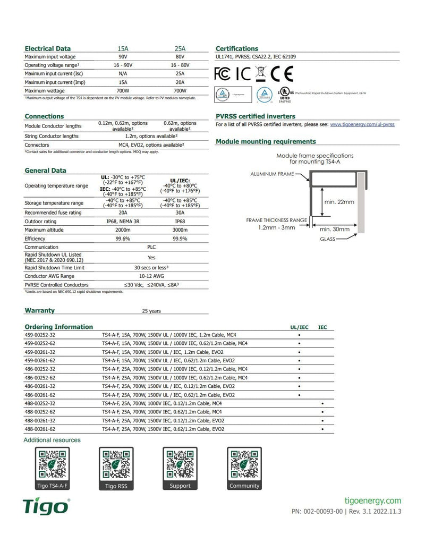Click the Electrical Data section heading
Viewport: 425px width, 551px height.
point(47,48)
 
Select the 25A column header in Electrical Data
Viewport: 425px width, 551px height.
point(180,48)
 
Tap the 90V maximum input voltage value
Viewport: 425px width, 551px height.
point(123,57)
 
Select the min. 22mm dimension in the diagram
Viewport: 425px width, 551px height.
point(339,202)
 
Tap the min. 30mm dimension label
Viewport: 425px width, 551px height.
point(335,229)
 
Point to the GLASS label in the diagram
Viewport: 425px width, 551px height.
point(327,239)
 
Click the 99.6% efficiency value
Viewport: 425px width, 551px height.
point(123,239)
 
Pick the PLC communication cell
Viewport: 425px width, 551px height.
point(151,247)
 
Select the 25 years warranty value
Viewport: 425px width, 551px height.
point(151,311)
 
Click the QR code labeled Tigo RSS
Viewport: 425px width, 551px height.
point(116,464)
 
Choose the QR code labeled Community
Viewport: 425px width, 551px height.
point(244,464)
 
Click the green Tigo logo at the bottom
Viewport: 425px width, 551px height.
point(47,507)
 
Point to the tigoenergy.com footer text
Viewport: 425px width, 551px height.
point(373,501)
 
